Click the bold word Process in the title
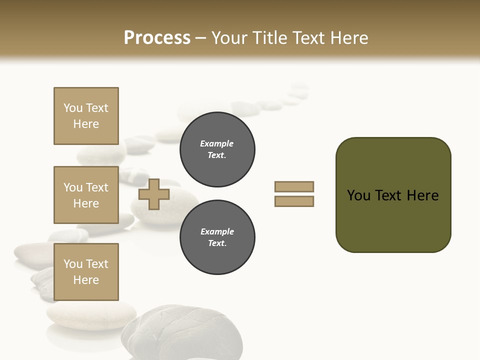coord(157,38)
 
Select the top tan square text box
coord(86,116)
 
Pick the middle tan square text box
coord(86,195)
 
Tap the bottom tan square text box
coord(86,272)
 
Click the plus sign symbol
coord(153,194)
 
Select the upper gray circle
coord(217,149)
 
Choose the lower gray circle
coord(217,237)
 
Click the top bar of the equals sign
coord(294,186)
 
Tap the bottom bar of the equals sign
coord(294,201)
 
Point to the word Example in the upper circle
coord(216,144)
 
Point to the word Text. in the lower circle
coord(217,243)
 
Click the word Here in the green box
coord(422,195)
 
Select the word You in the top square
coord(72,108)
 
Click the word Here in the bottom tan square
coord(86,280)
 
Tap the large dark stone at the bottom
coord(180,332)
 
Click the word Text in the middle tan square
coord(96,187)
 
